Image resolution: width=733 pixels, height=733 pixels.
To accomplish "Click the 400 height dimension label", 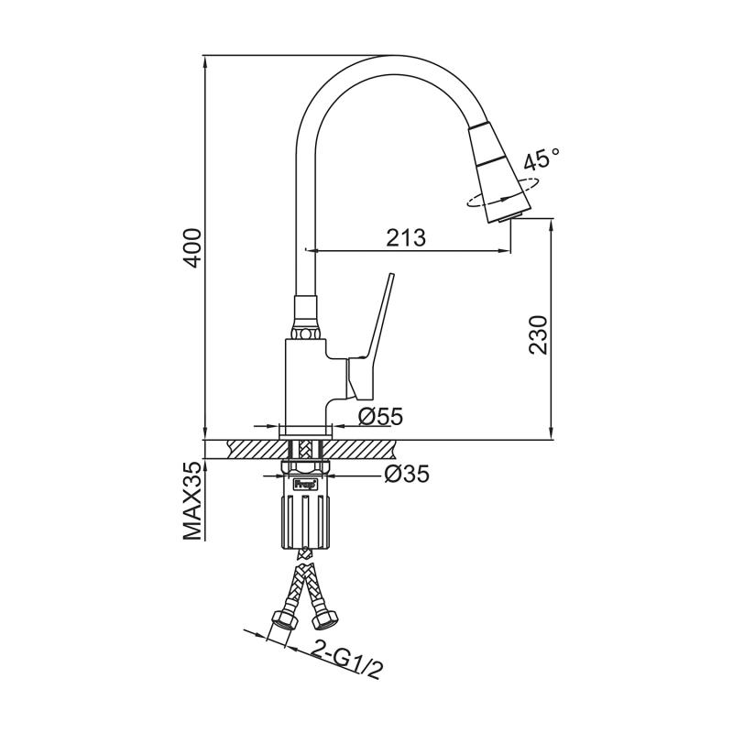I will pos(191,246).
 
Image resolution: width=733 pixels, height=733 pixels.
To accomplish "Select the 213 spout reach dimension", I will pos(405,237).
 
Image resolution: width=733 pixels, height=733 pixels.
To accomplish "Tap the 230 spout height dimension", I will pos(538,334).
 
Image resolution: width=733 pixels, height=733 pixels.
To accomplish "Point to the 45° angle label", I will pos(541,161).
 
